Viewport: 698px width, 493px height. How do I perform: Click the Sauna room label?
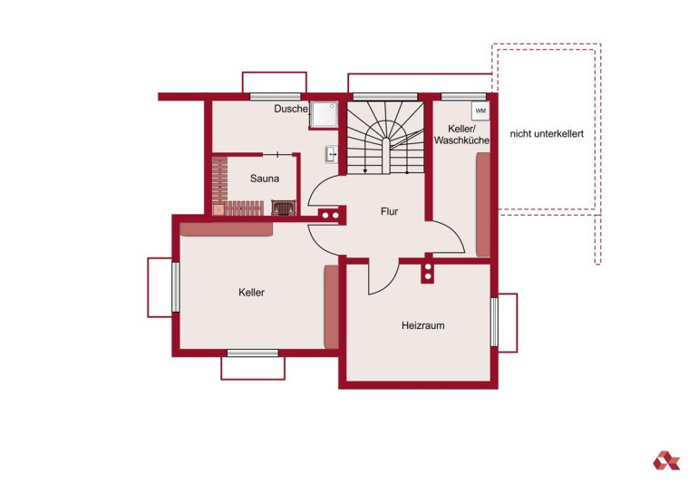(265, 179)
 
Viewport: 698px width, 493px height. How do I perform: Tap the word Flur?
(389, 211)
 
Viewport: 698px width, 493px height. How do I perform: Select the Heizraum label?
(423, 325)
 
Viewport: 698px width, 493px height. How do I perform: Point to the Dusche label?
(291, 109)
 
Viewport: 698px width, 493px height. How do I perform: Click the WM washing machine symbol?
(480, 111)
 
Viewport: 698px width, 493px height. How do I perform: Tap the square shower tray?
(325, 115)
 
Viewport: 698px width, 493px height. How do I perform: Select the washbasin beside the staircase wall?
(332, 154)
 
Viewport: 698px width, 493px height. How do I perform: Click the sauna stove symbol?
(284, 208)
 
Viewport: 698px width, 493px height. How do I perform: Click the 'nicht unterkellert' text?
(547, 133)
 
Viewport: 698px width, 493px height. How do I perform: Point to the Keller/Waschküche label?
(461, 134)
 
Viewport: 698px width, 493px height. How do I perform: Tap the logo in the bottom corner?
(666, 460)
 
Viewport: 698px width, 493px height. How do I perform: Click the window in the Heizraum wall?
(494, 322)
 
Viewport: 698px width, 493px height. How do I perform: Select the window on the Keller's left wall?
(176, 287)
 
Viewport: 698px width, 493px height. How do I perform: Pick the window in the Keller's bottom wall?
(253, 353)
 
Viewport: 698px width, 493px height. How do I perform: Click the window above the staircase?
(385, 97)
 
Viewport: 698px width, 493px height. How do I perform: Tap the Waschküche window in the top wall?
(463, 97)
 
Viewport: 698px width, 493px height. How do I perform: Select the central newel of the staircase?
(386, 155)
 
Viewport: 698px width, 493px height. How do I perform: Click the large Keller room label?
(251, 293)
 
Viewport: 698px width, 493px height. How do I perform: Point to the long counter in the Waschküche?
(483, 205)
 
